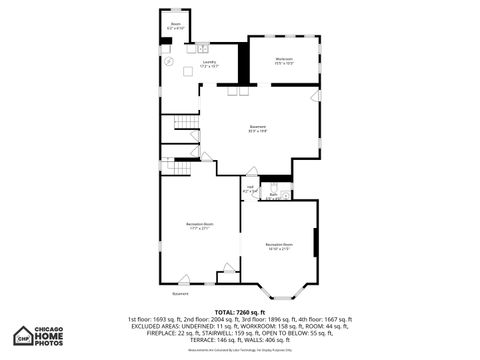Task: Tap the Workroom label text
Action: (x=284, y=61)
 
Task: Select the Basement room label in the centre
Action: (x=258, y=128)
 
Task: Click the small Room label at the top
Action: (x=175, y=25)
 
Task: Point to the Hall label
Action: (x=251, y=188)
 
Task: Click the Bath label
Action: (x=272, y=197)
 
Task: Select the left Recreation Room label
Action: (x=198, y=226)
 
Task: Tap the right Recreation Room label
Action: (x=279, y=246)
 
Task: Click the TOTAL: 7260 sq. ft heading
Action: (x=239, y=312)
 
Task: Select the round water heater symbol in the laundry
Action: (x=168, y=61)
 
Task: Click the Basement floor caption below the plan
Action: (x=180, y=294)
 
